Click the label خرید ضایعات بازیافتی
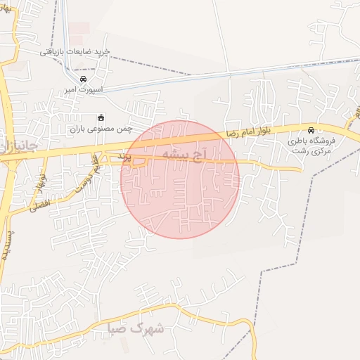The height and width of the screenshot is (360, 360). coord(75,51)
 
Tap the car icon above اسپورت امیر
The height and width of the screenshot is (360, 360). coord(84,79)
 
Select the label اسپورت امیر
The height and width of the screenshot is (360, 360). coord(84,91)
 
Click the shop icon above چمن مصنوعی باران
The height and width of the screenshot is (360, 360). coord(101,117)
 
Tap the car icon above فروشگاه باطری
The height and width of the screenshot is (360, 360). coord(311,130)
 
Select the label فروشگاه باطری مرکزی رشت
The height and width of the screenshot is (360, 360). coord(311,146)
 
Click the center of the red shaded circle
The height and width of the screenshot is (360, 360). coord(180,179)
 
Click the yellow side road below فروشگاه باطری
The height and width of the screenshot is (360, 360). coord(281,167)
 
